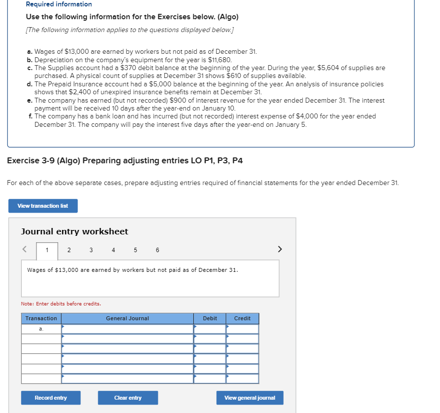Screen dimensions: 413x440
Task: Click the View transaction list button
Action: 43,206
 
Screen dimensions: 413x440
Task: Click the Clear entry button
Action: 128,398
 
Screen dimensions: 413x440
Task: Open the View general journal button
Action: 250,398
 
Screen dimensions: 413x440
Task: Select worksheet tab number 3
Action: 91,250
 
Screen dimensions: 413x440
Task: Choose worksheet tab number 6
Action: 157,250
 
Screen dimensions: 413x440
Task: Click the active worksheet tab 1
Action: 47,250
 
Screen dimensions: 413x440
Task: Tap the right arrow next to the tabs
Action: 280,249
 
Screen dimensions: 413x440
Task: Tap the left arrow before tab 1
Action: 24,249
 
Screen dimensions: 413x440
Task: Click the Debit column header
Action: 210,318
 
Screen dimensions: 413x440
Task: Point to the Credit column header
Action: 242,318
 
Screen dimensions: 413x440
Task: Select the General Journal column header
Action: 127,318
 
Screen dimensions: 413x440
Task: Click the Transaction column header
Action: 41,318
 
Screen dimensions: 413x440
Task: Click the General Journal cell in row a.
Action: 127,329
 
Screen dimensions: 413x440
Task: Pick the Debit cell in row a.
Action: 210,329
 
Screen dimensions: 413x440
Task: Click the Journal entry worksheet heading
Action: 74,231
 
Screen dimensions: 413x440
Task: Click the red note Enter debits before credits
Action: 61,303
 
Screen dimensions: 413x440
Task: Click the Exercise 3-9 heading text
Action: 125,161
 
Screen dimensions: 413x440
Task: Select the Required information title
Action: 59,4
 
